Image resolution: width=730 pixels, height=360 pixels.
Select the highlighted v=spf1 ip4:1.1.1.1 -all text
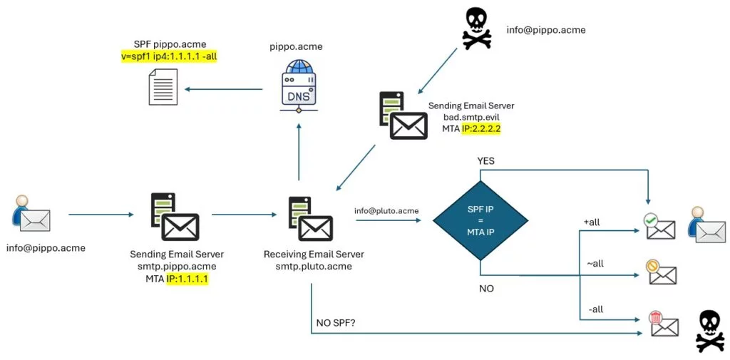(x=169, y=56)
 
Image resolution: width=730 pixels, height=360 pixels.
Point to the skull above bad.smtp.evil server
(x=477, y=29)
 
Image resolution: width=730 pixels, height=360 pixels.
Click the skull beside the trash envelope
(x=709, y=330)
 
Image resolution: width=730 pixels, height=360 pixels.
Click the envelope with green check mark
(x=660, y=227)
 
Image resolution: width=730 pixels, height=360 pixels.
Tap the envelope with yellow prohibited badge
(x=661, y=272)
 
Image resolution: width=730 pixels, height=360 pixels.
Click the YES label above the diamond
(x=486, y=162)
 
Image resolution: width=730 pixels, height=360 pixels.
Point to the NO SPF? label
(x=336, y=323)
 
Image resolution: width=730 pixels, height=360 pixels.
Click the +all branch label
(x=592, y=222)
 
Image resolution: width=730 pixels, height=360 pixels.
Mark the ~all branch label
(x=594, y=264)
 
